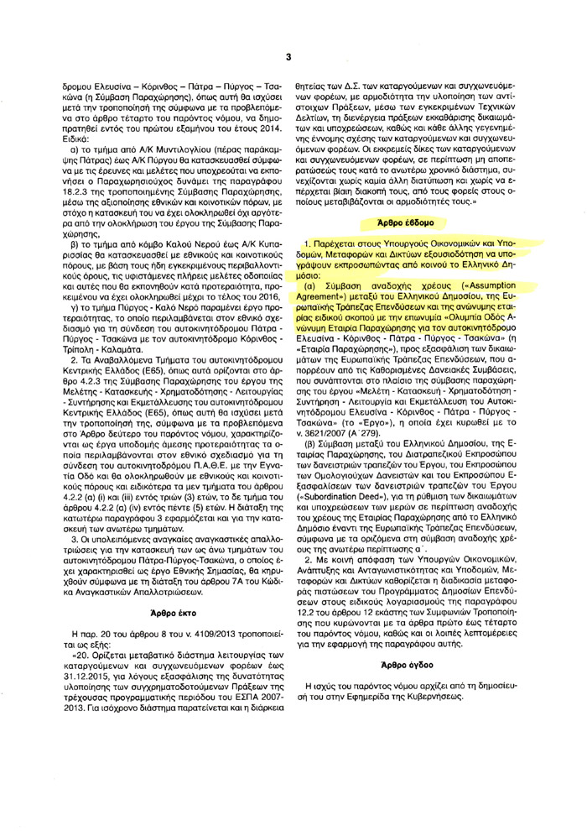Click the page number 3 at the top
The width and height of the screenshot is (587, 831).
tap(288, 34)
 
